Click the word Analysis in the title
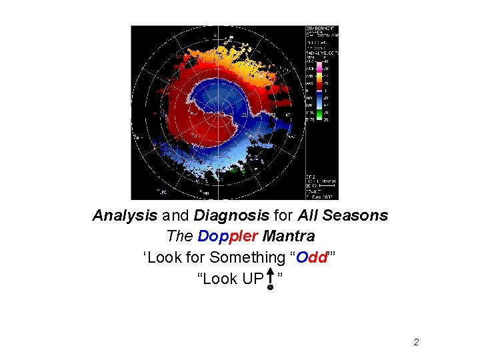125,216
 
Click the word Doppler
229,236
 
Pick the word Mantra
289,236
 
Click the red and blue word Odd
313,257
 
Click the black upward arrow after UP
270,278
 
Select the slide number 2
416,342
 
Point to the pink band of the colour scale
319,68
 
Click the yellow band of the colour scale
319,77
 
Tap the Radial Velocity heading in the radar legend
321,51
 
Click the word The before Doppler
179,236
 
